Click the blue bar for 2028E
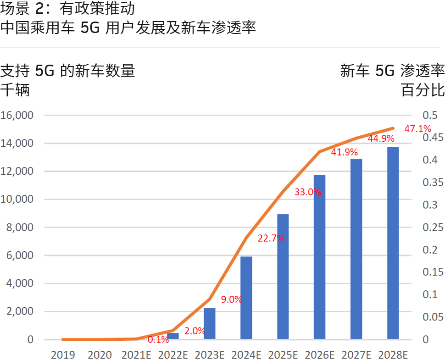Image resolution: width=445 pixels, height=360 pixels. tap(393, 243)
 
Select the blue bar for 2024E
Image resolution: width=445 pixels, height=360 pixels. tap(246, 298)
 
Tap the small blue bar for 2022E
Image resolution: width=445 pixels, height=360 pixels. tap(173, 336)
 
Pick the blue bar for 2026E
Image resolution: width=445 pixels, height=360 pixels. tap(319, 257)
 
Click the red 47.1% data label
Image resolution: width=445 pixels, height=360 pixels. tap(417, 128)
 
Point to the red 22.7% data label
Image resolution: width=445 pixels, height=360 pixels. tap(271, 238)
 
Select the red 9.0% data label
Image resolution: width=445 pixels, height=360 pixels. tap(231, 300)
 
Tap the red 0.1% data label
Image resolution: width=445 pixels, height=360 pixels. tap(158, 340)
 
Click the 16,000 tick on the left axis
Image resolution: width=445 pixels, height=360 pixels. tap(17, 116)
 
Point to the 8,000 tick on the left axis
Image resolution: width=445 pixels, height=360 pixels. tap(20, 227)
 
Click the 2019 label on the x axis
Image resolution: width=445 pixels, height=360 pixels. tap(63, 354)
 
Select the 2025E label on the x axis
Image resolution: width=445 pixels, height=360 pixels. tap(283, 354)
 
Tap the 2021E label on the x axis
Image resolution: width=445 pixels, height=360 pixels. tap(136, 354)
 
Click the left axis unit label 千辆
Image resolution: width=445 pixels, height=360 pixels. tap(15, 90)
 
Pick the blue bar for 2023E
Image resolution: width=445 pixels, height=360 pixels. tap(210, 323)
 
